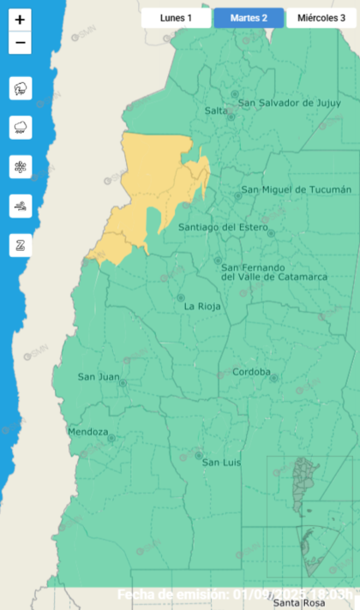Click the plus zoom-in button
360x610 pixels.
21,20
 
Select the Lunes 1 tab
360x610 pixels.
176,18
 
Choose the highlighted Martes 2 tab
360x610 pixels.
249,18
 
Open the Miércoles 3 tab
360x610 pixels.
321,18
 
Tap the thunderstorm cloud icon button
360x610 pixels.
21,88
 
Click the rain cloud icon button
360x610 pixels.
21,128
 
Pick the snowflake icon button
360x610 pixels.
21,167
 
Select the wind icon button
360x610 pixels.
21,206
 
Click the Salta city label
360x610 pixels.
216,111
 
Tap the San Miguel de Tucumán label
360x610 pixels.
296,189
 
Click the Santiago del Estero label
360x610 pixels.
223,227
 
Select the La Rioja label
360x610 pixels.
203,306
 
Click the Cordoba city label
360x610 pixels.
251,372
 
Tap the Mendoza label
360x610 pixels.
87,431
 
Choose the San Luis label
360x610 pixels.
221,463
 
